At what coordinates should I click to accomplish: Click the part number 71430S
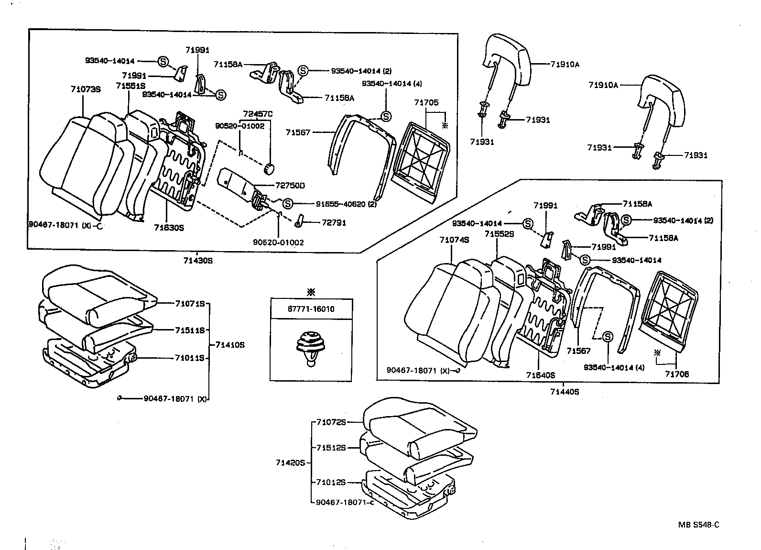point(197,261)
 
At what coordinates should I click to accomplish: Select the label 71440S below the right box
point(564,392)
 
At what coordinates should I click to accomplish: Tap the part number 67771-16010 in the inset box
point(311,309)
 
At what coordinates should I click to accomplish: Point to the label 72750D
point(290,185)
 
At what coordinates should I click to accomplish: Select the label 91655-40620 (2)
point(340,204)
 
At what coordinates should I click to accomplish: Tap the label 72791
point(334,222)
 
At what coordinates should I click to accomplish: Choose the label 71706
point(677,374)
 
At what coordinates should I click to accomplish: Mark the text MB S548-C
point(698,524)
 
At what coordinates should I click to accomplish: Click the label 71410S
point(229,344)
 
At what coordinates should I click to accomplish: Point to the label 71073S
point(86,89)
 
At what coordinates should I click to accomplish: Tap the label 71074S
point(454,240)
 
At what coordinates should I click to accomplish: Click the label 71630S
point(169,228)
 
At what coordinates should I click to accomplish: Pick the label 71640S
point(541,375)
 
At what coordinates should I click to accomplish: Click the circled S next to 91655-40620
point(287,204)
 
